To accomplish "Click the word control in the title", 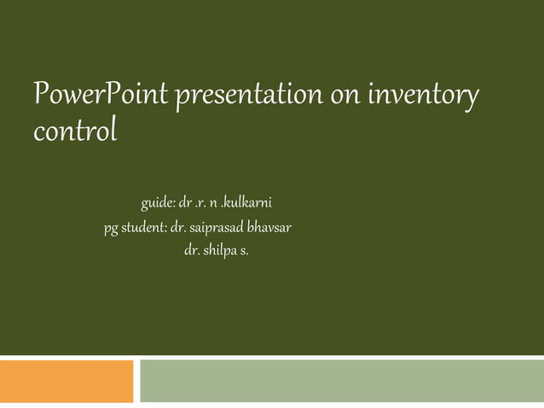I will tap(73, 133).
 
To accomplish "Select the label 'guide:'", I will tap(159, 204).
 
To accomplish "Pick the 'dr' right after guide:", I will tap(185, 204).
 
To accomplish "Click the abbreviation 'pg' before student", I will tap(111, 229).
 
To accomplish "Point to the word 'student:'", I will tap(144, 229).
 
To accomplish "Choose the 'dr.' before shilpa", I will tap(192, 253).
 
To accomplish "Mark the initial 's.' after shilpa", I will tap(245, 253).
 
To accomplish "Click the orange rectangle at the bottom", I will tap(67, 381).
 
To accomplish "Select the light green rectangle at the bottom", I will tap(341, 381).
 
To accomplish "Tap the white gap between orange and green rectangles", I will tap(137, 381).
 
